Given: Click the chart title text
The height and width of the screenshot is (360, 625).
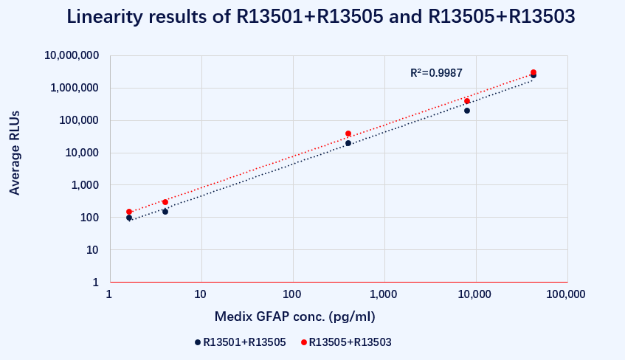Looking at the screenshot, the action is [320, 17].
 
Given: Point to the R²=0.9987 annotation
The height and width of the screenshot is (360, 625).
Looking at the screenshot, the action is [436, 73].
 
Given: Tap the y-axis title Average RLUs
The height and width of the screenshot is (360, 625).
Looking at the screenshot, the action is [14, 153].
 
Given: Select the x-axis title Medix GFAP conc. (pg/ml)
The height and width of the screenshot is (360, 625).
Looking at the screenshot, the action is [295, 316].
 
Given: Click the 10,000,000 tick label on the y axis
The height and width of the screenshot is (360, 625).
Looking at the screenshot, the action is [72, 55].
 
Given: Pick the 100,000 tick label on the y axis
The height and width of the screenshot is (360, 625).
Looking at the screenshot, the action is [79, 120].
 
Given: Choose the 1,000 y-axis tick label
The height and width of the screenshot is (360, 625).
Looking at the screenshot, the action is [85, 185].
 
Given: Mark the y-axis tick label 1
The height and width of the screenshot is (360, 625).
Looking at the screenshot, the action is [96, 283].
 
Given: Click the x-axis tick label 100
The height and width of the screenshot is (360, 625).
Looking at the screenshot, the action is [291, 294].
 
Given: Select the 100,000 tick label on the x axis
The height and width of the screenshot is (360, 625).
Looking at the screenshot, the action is [566, 294].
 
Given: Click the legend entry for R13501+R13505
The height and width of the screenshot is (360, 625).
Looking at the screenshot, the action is [240, 342].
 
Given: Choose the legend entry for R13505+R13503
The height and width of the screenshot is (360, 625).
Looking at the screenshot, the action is [346, 342].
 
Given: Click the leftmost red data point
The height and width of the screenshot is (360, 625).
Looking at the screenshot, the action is [129, 212].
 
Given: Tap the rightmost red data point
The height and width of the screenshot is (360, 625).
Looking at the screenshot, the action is [534, 72].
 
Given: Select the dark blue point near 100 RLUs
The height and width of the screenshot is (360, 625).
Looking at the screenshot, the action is [129, 218].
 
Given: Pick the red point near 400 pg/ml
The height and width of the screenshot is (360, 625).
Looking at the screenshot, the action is [348, 134].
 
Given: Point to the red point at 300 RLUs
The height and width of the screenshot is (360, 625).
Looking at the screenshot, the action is [165, 202].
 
